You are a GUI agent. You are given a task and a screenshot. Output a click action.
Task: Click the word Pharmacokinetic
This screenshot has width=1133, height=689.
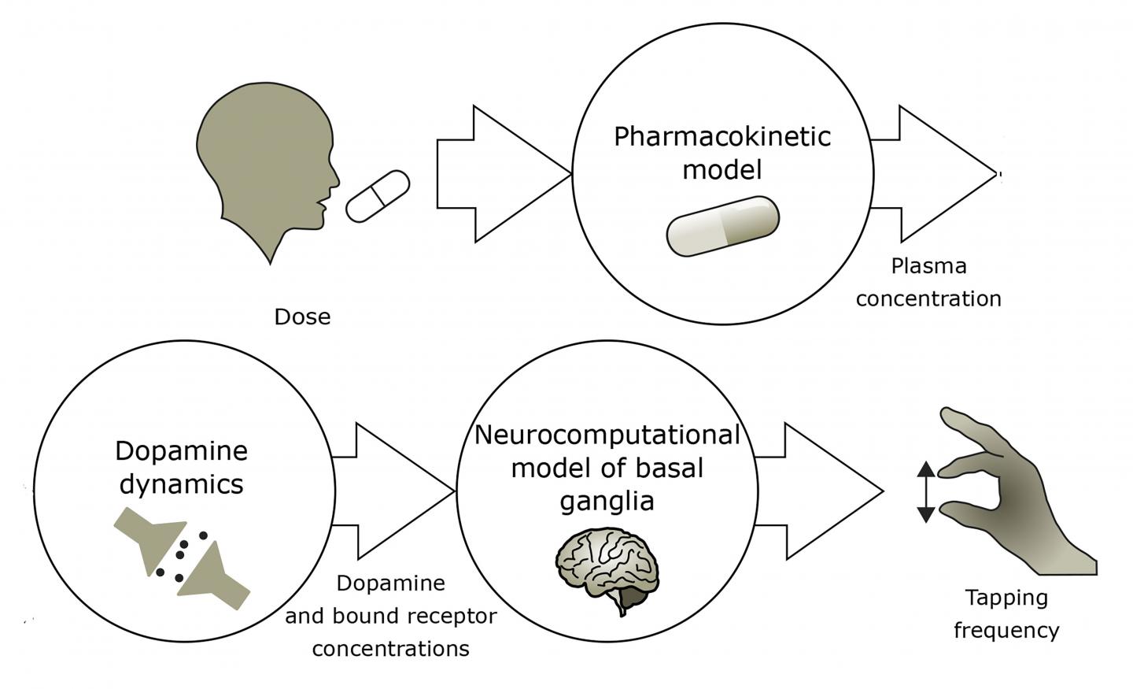coord(722,136)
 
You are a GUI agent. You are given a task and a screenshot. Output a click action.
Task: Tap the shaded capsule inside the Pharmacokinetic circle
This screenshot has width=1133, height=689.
coord(722,226)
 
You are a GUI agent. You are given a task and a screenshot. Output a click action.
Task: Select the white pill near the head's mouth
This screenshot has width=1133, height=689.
coord(378,195)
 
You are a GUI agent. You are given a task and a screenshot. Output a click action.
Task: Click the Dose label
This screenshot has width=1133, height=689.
coord(302,317)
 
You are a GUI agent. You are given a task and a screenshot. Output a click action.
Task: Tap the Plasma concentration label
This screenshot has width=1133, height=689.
coord(928,283)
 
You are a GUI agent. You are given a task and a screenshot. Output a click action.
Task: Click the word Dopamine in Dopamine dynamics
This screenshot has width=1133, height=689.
coord(181,450)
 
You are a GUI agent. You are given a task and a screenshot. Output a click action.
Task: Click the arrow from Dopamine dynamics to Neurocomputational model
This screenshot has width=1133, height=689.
coord(393,491)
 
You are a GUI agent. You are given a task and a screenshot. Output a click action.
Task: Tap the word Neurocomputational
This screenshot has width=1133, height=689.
coord(607,435)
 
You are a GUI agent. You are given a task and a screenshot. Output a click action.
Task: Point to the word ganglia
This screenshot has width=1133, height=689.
coord(607,501)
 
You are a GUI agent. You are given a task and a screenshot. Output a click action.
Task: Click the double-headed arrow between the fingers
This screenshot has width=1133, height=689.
coord(926,491)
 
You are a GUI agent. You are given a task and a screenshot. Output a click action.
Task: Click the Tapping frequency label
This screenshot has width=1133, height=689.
coord(1006,613)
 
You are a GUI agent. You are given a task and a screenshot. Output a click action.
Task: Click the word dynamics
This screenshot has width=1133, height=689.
coord(181,483)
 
